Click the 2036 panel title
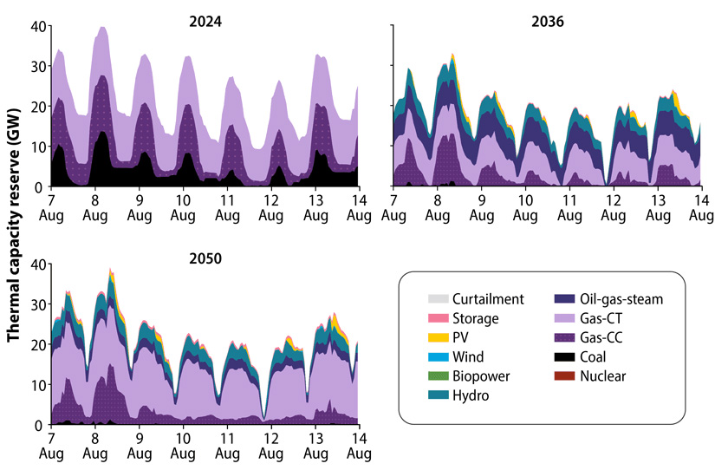tap(547, 22)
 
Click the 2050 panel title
tap(205, 258)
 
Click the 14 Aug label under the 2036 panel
tap(700, 208)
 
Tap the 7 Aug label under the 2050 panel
tap(52, 446)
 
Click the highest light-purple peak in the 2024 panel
tap(103, 27)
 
